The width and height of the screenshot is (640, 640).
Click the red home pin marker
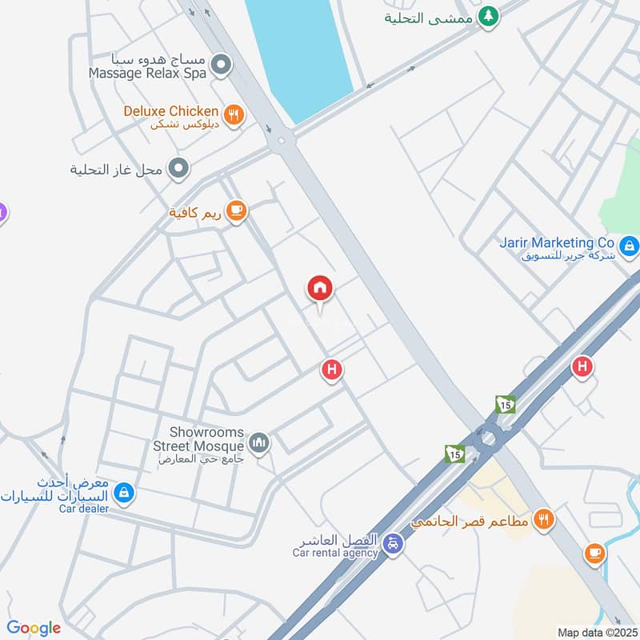tap(320, 288)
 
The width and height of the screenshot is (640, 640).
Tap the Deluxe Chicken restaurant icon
tap(234, 115)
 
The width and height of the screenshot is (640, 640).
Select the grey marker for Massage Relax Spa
tap(223, 63)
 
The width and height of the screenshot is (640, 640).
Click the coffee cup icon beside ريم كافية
tap(235, 211)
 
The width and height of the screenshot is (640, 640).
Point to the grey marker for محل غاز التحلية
tap(179, 169)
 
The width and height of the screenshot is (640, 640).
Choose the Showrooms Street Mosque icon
tap(259, 442)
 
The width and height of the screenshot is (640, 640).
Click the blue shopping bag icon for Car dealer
tap(123, 493)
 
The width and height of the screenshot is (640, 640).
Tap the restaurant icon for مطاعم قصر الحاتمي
tap(544, 518)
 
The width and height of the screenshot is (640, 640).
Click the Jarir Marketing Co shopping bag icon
tap(630, 246)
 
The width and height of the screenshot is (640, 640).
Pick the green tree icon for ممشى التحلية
tap(488, 15)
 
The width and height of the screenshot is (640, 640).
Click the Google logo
tap(34, 628)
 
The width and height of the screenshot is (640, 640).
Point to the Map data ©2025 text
tap(595, 632)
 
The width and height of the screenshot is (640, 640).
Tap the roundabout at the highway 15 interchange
tap(486, 439)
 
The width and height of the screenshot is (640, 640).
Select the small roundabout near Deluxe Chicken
tap(282, 142)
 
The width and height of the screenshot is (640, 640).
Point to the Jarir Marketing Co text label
tap(557, 242)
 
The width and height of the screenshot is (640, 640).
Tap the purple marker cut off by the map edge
tap(2, 213)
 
